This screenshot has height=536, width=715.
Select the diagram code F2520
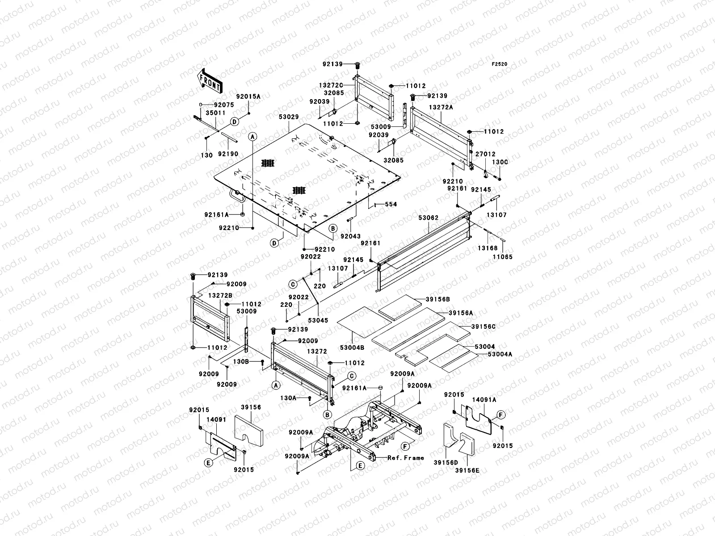(x=500, y=64)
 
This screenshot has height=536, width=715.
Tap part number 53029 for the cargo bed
(x=289, y=117)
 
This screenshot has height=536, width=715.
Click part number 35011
(x=214, y=113)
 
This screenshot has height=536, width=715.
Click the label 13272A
(x=441, y=108)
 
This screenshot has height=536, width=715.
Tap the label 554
(x=391, y=204)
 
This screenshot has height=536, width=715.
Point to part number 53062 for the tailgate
(x=429, y=218)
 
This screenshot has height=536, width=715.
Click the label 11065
(x=503, y=257)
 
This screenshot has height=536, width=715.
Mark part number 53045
(x=318, y=320)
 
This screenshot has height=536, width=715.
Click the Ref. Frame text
(x=405, y=458)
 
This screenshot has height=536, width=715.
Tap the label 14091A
(x=484, y=400)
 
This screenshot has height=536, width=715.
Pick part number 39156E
(x=467, y=470)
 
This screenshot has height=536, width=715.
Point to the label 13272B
(x=220, y=296)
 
